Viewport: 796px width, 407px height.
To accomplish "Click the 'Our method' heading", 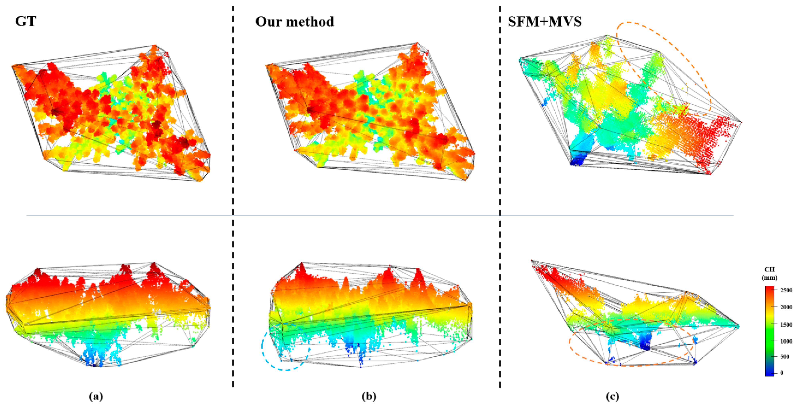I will pos(294,22).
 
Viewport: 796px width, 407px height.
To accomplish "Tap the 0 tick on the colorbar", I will pos(782,373).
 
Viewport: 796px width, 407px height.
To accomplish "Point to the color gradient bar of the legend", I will pos(769,331).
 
